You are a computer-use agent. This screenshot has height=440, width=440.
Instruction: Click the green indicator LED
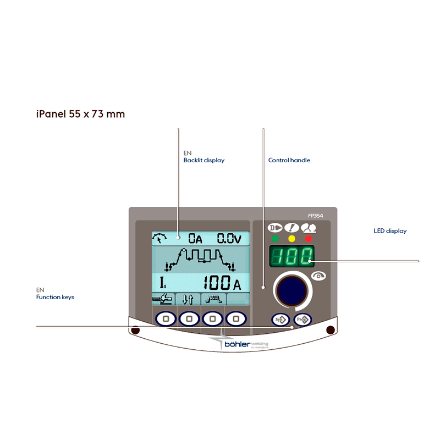(274, 239)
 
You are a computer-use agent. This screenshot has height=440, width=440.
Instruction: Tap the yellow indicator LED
(291, 239)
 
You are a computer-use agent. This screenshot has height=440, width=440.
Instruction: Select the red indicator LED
(309, 239)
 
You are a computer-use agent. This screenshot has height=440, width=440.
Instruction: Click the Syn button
(279, 319)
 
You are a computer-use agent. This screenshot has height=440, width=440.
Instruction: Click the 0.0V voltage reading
(228, 238)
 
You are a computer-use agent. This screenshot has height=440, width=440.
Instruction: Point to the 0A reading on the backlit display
(195, 238)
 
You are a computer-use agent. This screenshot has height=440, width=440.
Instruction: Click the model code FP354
(316, 216)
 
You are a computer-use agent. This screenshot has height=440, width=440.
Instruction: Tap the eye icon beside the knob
(317, 275)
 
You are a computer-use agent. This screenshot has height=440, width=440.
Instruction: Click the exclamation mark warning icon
(291, 227)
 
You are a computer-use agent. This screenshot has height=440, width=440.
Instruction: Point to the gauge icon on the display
(160, 238)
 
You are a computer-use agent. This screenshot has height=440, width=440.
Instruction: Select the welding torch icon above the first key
(163, 299)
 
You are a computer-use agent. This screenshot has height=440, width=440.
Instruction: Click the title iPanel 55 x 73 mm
(80, 114)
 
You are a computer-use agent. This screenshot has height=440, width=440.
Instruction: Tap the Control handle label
(289, 160)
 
